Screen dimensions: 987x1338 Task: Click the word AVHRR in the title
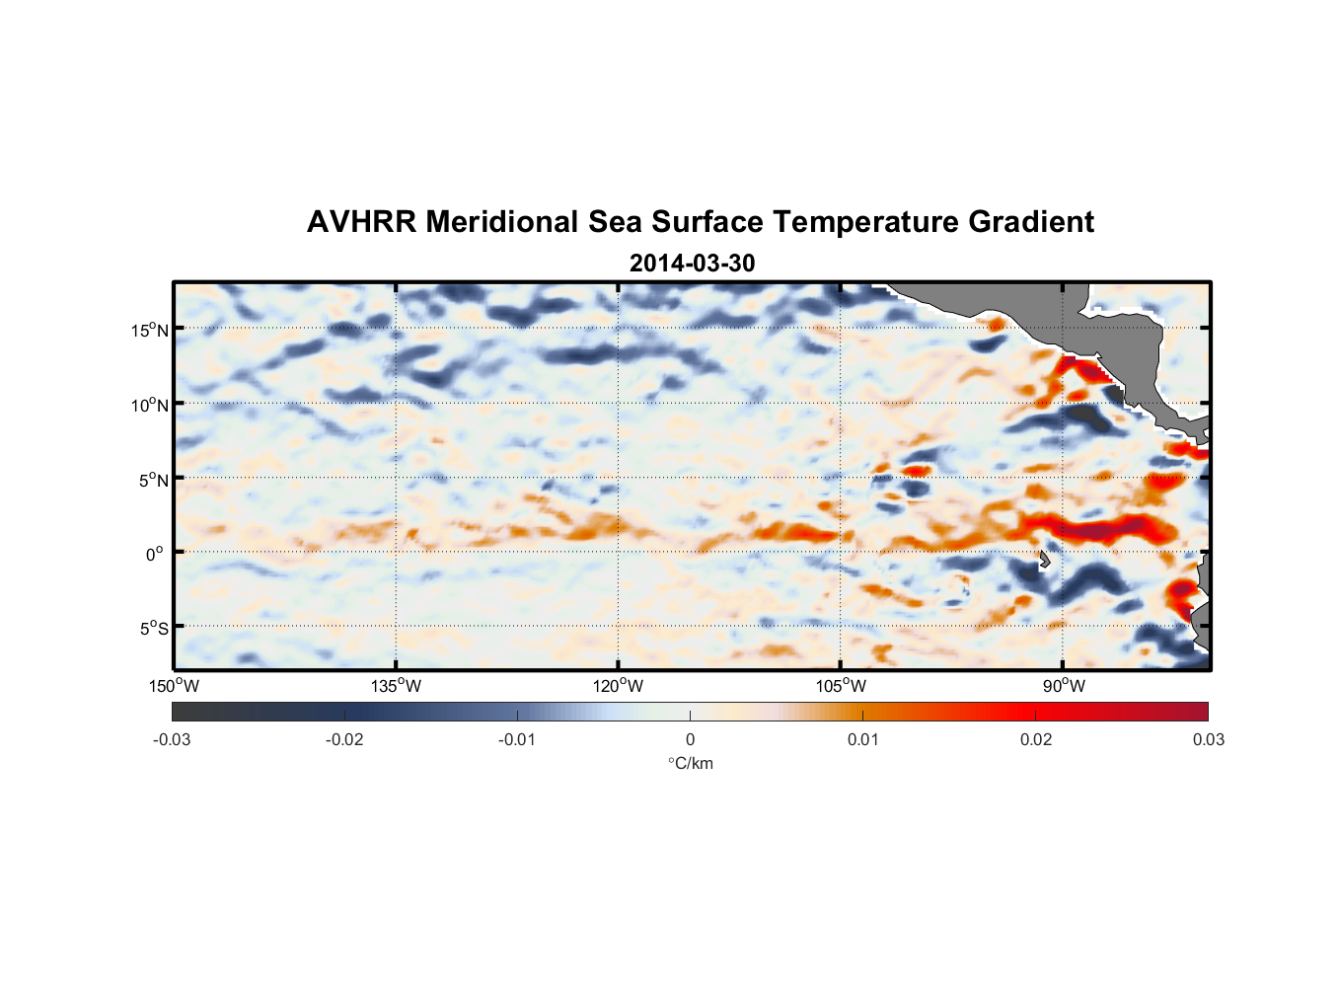pos(361,222)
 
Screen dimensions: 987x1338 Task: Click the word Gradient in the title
pos(1030,222)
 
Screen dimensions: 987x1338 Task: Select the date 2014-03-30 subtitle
pos(692,264)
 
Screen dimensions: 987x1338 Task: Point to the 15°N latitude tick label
pos(150,330)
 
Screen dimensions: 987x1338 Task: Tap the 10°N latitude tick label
pos(150,405)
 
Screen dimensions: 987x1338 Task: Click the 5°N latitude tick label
pos(153,480)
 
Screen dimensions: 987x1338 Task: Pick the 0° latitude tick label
pos(155,554)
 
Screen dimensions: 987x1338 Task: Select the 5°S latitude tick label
pos(153,629)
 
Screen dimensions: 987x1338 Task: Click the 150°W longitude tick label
pos(174,686)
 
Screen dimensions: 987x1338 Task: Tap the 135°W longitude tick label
pos(396,686)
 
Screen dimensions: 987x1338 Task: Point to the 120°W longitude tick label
pos(618,686)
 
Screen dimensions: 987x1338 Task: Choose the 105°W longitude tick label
pos(841,686)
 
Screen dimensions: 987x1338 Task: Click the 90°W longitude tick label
pos(1064,686)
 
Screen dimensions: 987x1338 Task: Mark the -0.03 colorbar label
pos(172,739)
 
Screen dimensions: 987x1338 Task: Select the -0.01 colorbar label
pos(517,739)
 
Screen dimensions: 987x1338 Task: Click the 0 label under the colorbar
pos(690,739)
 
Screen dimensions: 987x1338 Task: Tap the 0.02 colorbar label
pos(1036,739)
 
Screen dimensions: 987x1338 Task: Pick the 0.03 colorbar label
pos(1208,739)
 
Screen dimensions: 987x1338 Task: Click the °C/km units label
pos(690,763)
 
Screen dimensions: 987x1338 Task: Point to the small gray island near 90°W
pos(1044,560)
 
